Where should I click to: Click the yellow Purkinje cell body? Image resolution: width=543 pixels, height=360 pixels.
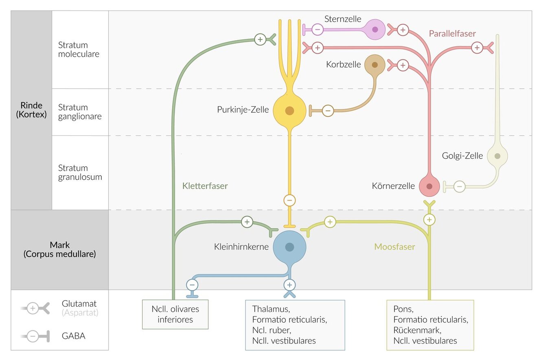pyautogui.click(x=289, y=110)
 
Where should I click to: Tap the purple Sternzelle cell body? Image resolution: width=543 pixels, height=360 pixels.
pyautogui.click(x=375, y=29)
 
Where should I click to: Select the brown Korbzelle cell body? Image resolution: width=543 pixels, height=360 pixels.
pyautogui.click(x=374, y=65)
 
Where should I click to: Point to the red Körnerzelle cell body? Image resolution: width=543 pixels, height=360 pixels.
pyautogui.click(x=429, y=186)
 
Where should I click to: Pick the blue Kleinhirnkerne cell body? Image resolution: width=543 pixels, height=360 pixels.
pyautogui.click(x=289, y=247)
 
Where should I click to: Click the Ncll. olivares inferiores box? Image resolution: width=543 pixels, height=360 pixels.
pyautogui.click(x=175, y=314)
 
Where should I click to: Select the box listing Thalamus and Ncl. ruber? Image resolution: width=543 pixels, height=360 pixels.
pyautogui.click(x=295, y=325)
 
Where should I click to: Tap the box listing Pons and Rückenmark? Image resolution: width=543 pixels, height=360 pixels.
pyautogui.click(x=430, y=325)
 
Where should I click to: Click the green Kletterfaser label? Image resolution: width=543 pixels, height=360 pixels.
pyautogui.click(x=205, y=186)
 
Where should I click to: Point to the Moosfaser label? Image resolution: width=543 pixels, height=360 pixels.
pyautogui.click(x=394, y=247)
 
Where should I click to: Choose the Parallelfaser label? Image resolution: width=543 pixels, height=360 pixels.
pyautogui.click(x=452, y=33)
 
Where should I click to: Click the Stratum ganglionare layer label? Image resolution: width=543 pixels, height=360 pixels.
pyautogui.click(x=80, y=112)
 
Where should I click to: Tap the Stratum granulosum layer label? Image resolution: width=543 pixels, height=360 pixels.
pyautogui.click(x=80, y=172)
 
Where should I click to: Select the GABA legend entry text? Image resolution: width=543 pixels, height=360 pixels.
pyautogui.click(x=73, y=336)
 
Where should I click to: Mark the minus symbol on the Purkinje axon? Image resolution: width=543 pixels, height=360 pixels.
pyautogui.click(x=289, y=200)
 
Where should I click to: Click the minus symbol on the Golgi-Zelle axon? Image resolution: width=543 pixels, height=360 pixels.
pyautogui.click(x=459, y=187)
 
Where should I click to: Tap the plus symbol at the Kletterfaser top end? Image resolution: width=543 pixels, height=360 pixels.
pyautogui.click(x=260, y=39)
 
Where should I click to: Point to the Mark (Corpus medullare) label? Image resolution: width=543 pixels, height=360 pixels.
pyautogui.click(x=59, y=250)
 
